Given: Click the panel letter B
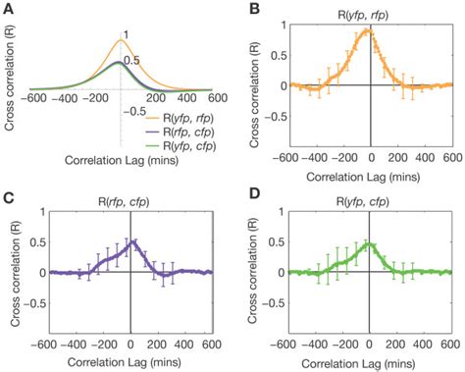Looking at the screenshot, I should (249, 9).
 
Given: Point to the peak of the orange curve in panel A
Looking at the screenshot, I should (119, 40).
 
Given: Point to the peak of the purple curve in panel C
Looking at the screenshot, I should (131, 240).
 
